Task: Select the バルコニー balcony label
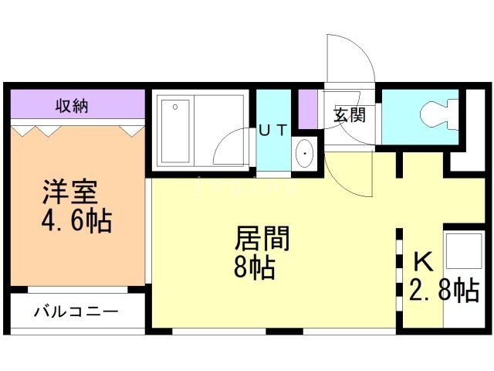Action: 76,312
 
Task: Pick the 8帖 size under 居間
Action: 255,268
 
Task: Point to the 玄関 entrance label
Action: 349,116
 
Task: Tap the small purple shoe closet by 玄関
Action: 308,108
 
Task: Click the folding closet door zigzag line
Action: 77,130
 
